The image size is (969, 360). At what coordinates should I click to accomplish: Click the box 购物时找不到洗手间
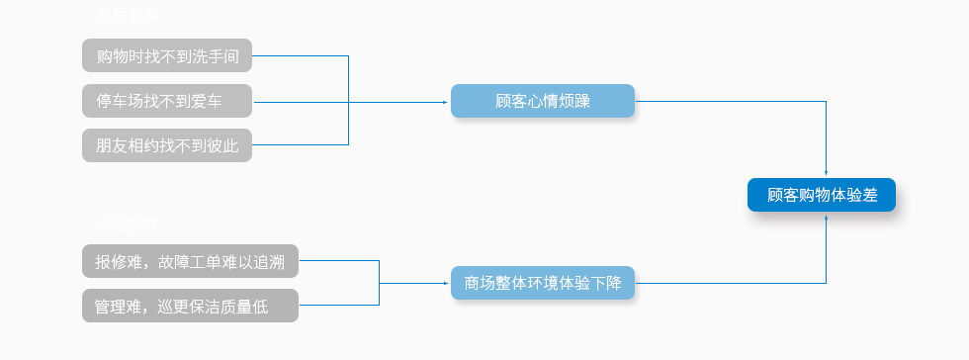167,55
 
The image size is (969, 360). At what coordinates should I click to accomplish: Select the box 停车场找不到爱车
167,101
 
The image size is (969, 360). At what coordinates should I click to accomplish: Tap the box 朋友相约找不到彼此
167,145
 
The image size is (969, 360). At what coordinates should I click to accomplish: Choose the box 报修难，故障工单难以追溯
190,262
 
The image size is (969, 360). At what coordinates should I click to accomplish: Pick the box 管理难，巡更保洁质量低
190,306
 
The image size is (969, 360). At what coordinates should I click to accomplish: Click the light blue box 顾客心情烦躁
542,101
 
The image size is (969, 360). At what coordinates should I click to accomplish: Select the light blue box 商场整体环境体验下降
542,283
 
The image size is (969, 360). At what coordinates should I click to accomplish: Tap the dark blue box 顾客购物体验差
822,195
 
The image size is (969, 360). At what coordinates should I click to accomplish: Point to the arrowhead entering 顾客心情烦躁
447,101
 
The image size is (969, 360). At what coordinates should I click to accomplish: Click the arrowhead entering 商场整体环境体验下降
447,283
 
